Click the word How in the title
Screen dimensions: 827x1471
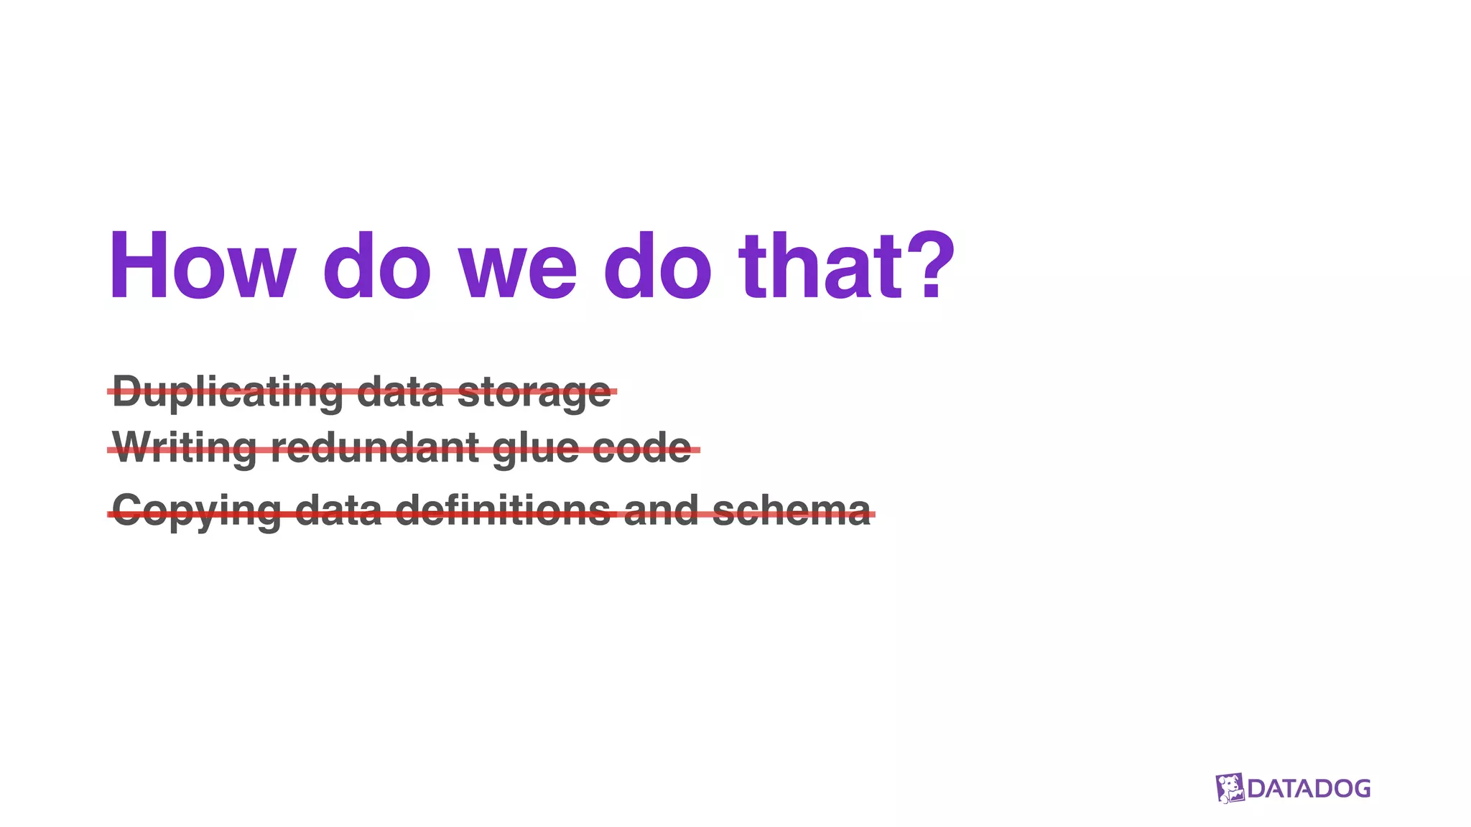pyautogui.click(x=202, y=266)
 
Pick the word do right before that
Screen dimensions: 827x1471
pyautogui.click(x=656, y=266)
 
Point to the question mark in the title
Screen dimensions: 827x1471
pyautogui.click(x=931, y=266)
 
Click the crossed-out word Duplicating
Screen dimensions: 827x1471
pyautogui.click(x=227, y=392)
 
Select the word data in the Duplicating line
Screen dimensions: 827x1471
pyautogui.click(x=399, y=392)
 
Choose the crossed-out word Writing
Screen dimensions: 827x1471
pyautogui.click(x=184, y=449)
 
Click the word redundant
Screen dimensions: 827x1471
pyautogui.click(x=374, y=448)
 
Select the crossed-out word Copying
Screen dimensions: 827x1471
pyautogui.click(x=196, y=512)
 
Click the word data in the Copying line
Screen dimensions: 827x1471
pyautogui.click(x=338, y=510)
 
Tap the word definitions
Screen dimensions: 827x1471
pyautogui.click(x=503, y=510)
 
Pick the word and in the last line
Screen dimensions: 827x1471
pyautogui.click(x=661, y=510)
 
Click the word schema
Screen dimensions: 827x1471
pyautogui.click(x=791, y=510)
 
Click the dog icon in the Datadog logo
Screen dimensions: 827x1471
pyautogui.click(x=1230, y=788)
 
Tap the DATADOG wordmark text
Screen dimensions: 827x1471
pyautogui.click(x=1309, y=789)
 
